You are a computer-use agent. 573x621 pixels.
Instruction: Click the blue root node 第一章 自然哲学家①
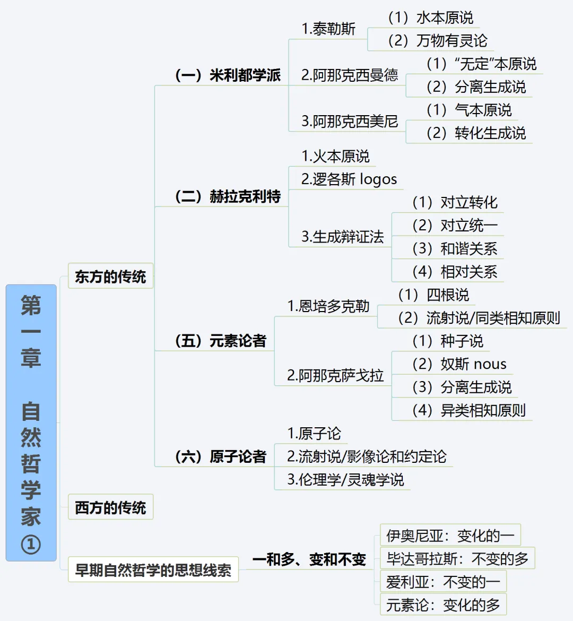coord(31,422)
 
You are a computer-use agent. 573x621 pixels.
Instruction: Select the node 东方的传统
coord(110,277)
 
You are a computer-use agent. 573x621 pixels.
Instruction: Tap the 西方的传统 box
coord(110,507)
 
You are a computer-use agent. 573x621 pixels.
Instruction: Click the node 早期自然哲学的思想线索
coord(153,570)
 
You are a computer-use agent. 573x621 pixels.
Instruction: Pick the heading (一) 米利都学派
coord(228,75)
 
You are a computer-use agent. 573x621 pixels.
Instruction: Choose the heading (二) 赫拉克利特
coord(228,196)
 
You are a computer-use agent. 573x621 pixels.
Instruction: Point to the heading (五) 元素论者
coord(221,341)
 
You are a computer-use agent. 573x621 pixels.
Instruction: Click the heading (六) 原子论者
coord(221,456)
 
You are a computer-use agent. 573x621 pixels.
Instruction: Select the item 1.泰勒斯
coord(328,29)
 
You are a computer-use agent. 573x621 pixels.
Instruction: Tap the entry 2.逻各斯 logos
coord(349,179)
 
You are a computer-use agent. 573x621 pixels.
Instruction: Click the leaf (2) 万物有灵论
coord(437,40)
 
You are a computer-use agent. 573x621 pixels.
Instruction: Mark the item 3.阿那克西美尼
coord(350,122)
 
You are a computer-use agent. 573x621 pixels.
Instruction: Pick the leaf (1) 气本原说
coord(469,110)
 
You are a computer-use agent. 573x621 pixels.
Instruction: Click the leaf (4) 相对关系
coord(455,272)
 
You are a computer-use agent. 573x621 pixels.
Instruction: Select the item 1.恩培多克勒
coord(328,306)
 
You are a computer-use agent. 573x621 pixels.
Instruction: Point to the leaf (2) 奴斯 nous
coord(459,364)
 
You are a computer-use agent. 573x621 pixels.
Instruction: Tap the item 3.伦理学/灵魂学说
coord(345,480)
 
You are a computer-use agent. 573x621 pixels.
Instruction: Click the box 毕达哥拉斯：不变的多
coord(457,558)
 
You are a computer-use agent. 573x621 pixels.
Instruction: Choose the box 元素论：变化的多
coord(443,605)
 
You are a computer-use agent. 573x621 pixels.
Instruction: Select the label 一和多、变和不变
coord(309,559)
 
